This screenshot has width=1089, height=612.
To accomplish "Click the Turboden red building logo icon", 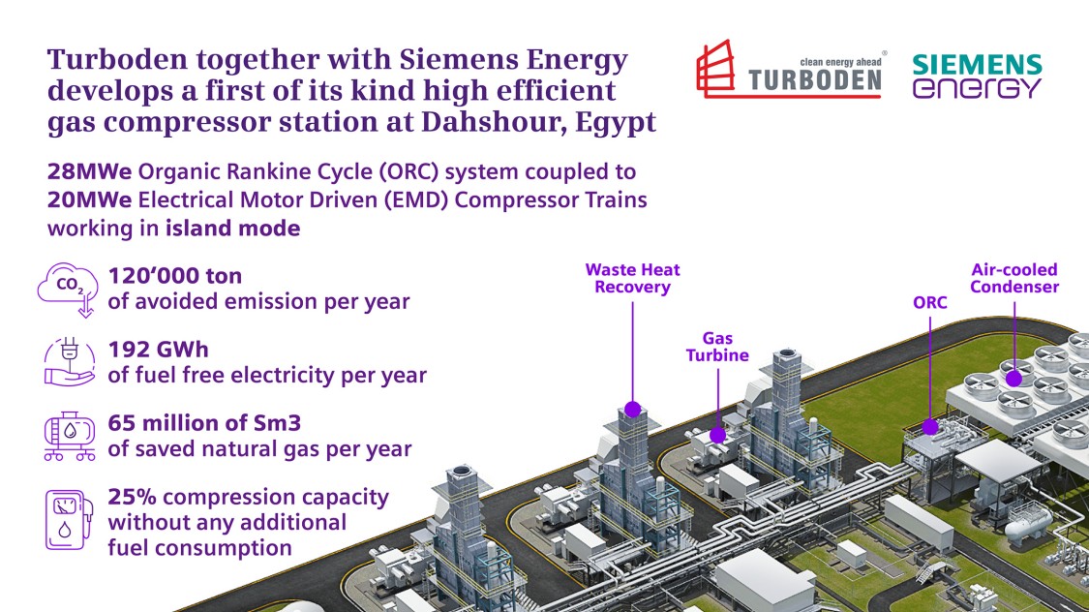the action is pyautogui.click(x=715, y=68).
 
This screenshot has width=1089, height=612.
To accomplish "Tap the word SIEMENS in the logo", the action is pyautogui.click(x=977, y=65).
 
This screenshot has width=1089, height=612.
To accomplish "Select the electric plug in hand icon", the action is pyautogui.click(x=69, y=361).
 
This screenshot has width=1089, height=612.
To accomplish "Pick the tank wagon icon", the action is pyautogui.click(x=70, y=436).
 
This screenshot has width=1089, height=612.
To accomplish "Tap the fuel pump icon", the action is pyautogui.click(x=69, y=520).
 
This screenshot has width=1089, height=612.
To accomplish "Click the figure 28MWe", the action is pyautogui.click(x=90, y=171).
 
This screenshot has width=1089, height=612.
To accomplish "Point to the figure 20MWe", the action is pyautogui.click(x=90, y=200).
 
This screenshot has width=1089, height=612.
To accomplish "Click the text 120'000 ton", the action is pyautogui.click(x=175, y=276).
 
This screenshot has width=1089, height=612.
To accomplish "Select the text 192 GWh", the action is pyautogui.click(x=159, y=350).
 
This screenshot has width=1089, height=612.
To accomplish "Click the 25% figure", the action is pyautogui.click(x=132, y=497).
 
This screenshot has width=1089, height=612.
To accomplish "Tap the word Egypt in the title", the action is pyautogui.click(x=616, y=123).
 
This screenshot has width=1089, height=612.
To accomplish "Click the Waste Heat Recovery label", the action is pyautogui.click(x=633, y=279).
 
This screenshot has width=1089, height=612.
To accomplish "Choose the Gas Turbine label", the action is pyautogui.click(x=717, y=347).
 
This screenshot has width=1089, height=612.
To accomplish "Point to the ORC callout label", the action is pyautogui.click(x=930, y=303).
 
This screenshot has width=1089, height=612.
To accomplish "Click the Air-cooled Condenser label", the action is pyautogui.click(x=1014, y=279).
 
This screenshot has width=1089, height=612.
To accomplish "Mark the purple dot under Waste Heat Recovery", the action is pyautogui.click(x=632, y=410).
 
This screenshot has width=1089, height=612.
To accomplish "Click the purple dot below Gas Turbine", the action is pyautogui.click(x=717, y=436).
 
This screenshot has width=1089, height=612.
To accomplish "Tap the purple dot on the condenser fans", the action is pyautogui.click(x=1014, y=379).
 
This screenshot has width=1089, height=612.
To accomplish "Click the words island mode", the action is pyautogui.click(x=232, y=229).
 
